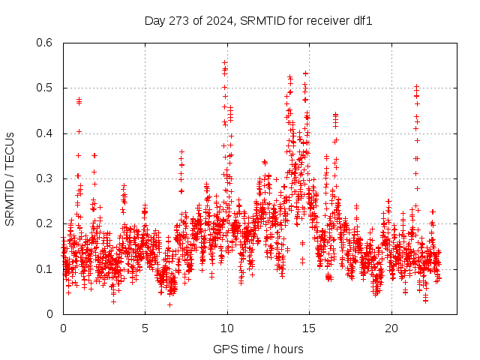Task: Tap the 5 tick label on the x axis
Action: (x=145, y=328)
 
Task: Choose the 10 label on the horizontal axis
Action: (x=227, y=328)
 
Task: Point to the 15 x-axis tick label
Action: (x=310, y=328)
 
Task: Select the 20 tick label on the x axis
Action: (x=392, y=328)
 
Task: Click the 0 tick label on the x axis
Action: (x=63, y=328)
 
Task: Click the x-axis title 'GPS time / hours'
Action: (x=258, y=349)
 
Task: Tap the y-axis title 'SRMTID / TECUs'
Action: (x=10, y=178)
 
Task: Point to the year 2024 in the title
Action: (x=215, y=20)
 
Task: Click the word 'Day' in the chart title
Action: (x=154, y=20)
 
